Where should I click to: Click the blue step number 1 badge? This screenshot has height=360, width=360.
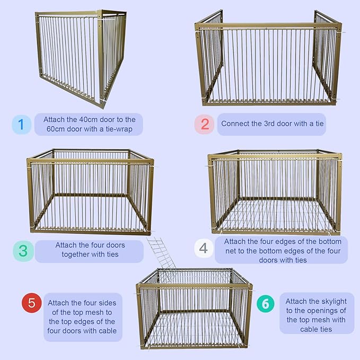coord(21,125)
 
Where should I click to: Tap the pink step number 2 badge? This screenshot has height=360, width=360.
coord(205,124)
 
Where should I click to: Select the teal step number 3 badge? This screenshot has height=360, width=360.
coord(23,251)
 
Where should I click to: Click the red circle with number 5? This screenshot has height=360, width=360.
coord(31,303)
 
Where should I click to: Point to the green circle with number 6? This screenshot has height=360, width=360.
coord(266,304)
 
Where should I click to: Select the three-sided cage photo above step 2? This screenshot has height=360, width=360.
coord(267,58)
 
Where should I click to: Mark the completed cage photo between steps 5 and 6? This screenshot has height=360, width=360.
coord(194,308)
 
